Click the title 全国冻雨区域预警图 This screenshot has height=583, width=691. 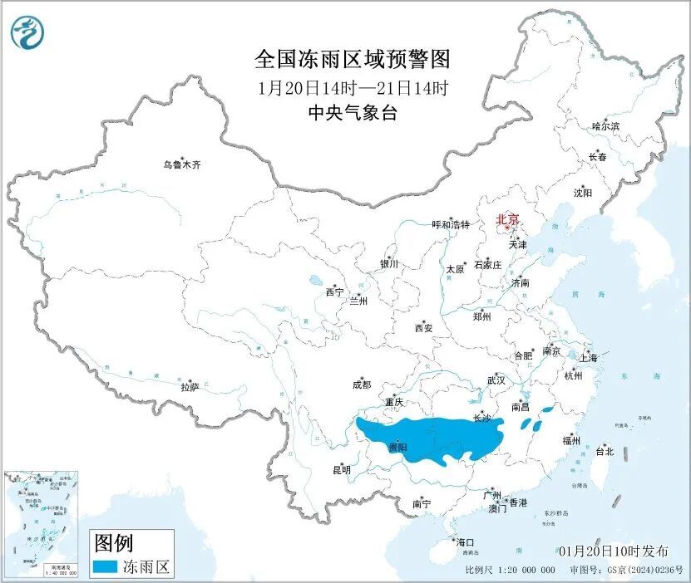[x=353, y=60]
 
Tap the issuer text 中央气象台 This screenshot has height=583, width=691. [x=353, y=114]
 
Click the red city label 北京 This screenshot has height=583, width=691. [x=507, y=220]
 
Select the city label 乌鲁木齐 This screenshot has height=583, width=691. [x=182, y=164]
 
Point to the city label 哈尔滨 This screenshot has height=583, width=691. [x=605, y=126]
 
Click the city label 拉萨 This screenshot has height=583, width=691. [x=190, y=386]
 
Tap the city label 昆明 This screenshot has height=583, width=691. [x=342, y=470]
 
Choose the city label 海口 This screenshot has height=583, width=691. [x=464, y=541]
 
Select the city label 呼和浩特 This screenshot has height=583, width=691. [x=451, y=225]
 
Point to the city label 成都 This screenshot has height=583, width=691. [x=361, y=385]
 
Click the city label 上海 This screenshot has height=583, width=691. [x=589, y=358]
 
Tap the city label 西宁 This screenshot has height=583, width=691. [x=334, y=292]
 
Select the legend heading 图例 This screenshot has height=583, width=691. [x=113, y=544]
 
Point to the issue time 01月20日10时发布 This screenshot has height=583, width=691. [x=614, y=551]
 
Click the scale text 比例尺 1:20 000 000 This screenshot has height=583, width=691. [x=511, y=571]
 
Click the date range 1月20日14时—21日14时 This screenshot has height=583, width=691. [x=353, y=87]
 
